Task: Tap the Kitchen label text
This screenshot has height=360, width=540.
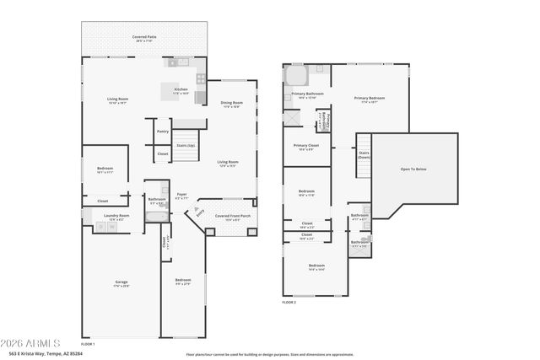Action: coord(181,90)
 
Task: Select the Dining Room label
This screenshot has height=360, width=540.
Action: coord(231,104)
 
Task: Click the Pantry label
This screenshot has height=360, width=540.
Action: coord(163,132)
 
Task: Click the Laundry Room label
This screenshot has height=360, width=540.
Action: coord(116,217)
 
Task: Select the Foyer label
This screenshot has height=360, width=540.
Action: coord(181,195)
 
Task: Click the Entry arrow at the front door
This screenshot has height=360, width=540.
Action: coord(200,215)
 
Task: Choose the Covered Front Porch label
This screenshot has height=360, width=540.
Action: coord(232,216)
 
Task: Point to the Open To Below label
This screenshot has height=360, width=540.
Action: coord(413,169)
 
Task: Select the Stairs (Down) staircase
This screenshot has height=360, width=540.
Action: coord(364,156)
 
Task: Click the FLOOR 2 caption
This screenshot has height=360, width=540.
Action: coord(289,301)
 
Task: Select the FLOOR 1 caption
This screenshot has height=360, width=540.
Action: coord(88,345)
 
